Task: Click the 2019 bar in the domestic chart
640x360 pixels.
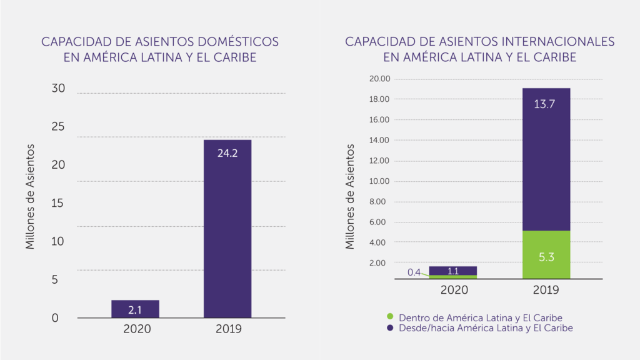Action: [x=227, y=231]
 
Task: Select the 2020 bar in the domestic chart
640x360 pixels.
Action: [x=135, y=309]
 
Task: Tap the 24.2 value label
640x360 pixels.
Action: [x=227, y=152]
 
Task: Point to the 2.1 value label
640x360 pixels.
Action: [x=135, y=309]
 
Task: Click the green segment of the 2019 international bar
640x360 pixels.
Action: [x=546, y=255]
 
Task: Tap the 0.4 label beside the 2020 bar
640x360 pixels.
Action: [x=414, y=272]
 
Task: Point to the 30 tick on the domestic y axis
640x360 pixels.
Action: [x=58, y=89]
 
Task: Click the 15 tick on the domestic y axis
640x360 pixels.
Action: [x=58, y=204]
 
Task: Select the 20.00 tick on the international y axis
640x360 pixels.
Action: [x=379, y=79]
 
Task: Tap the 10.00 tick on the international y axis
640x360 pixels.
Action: [x=379, y=181]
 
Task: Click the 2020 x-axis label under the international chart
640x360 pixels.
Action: [x=454, y=290]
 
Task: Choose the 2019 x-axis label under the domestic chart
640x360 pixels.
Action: [x=227, y=329]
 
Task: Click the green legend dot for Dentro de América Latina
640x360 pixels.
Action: [x=389, y=317]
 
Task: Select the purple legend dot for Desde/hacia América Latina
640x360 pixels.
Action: [x=389, y=327]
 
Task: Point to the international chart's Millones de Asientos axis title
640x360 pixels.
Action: [x=350, y=197]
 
